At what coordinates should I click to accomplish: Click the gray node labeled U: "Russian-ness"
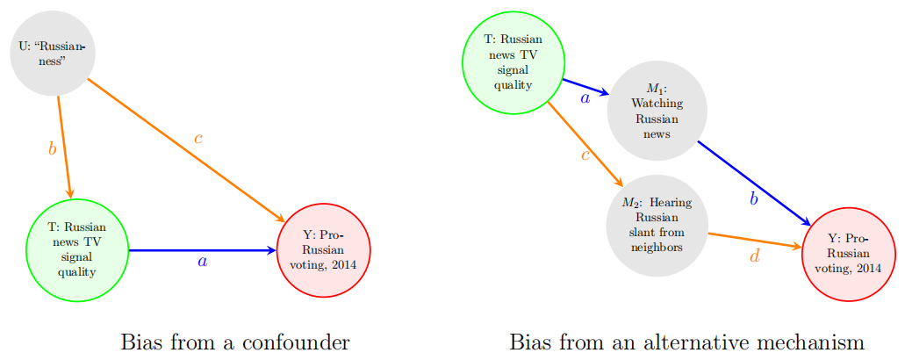pos(53,54)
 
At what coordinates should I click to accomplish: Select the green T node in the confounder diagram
pos(77,250)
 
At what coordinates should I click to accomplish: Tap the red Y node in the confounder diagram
pos(323,250)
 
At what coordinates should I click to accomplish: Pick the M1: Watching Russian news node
pos(657,111)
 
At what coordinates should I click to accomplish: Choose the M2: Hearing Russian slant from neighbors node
pos(657,225)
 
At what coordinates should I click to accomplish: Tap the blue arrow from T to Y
pos(202,250)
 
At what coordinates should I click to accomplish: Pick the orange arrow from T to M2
pos(585,141)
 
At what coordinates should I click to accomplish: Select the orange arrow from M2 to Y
pos(753,241)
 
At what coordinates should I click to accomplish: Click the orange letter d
pos(754,256)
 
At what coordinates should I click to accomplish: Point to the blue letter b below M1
pos(753,199)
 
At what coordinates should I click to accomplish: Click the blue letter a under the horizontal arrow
pos(203,262)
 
